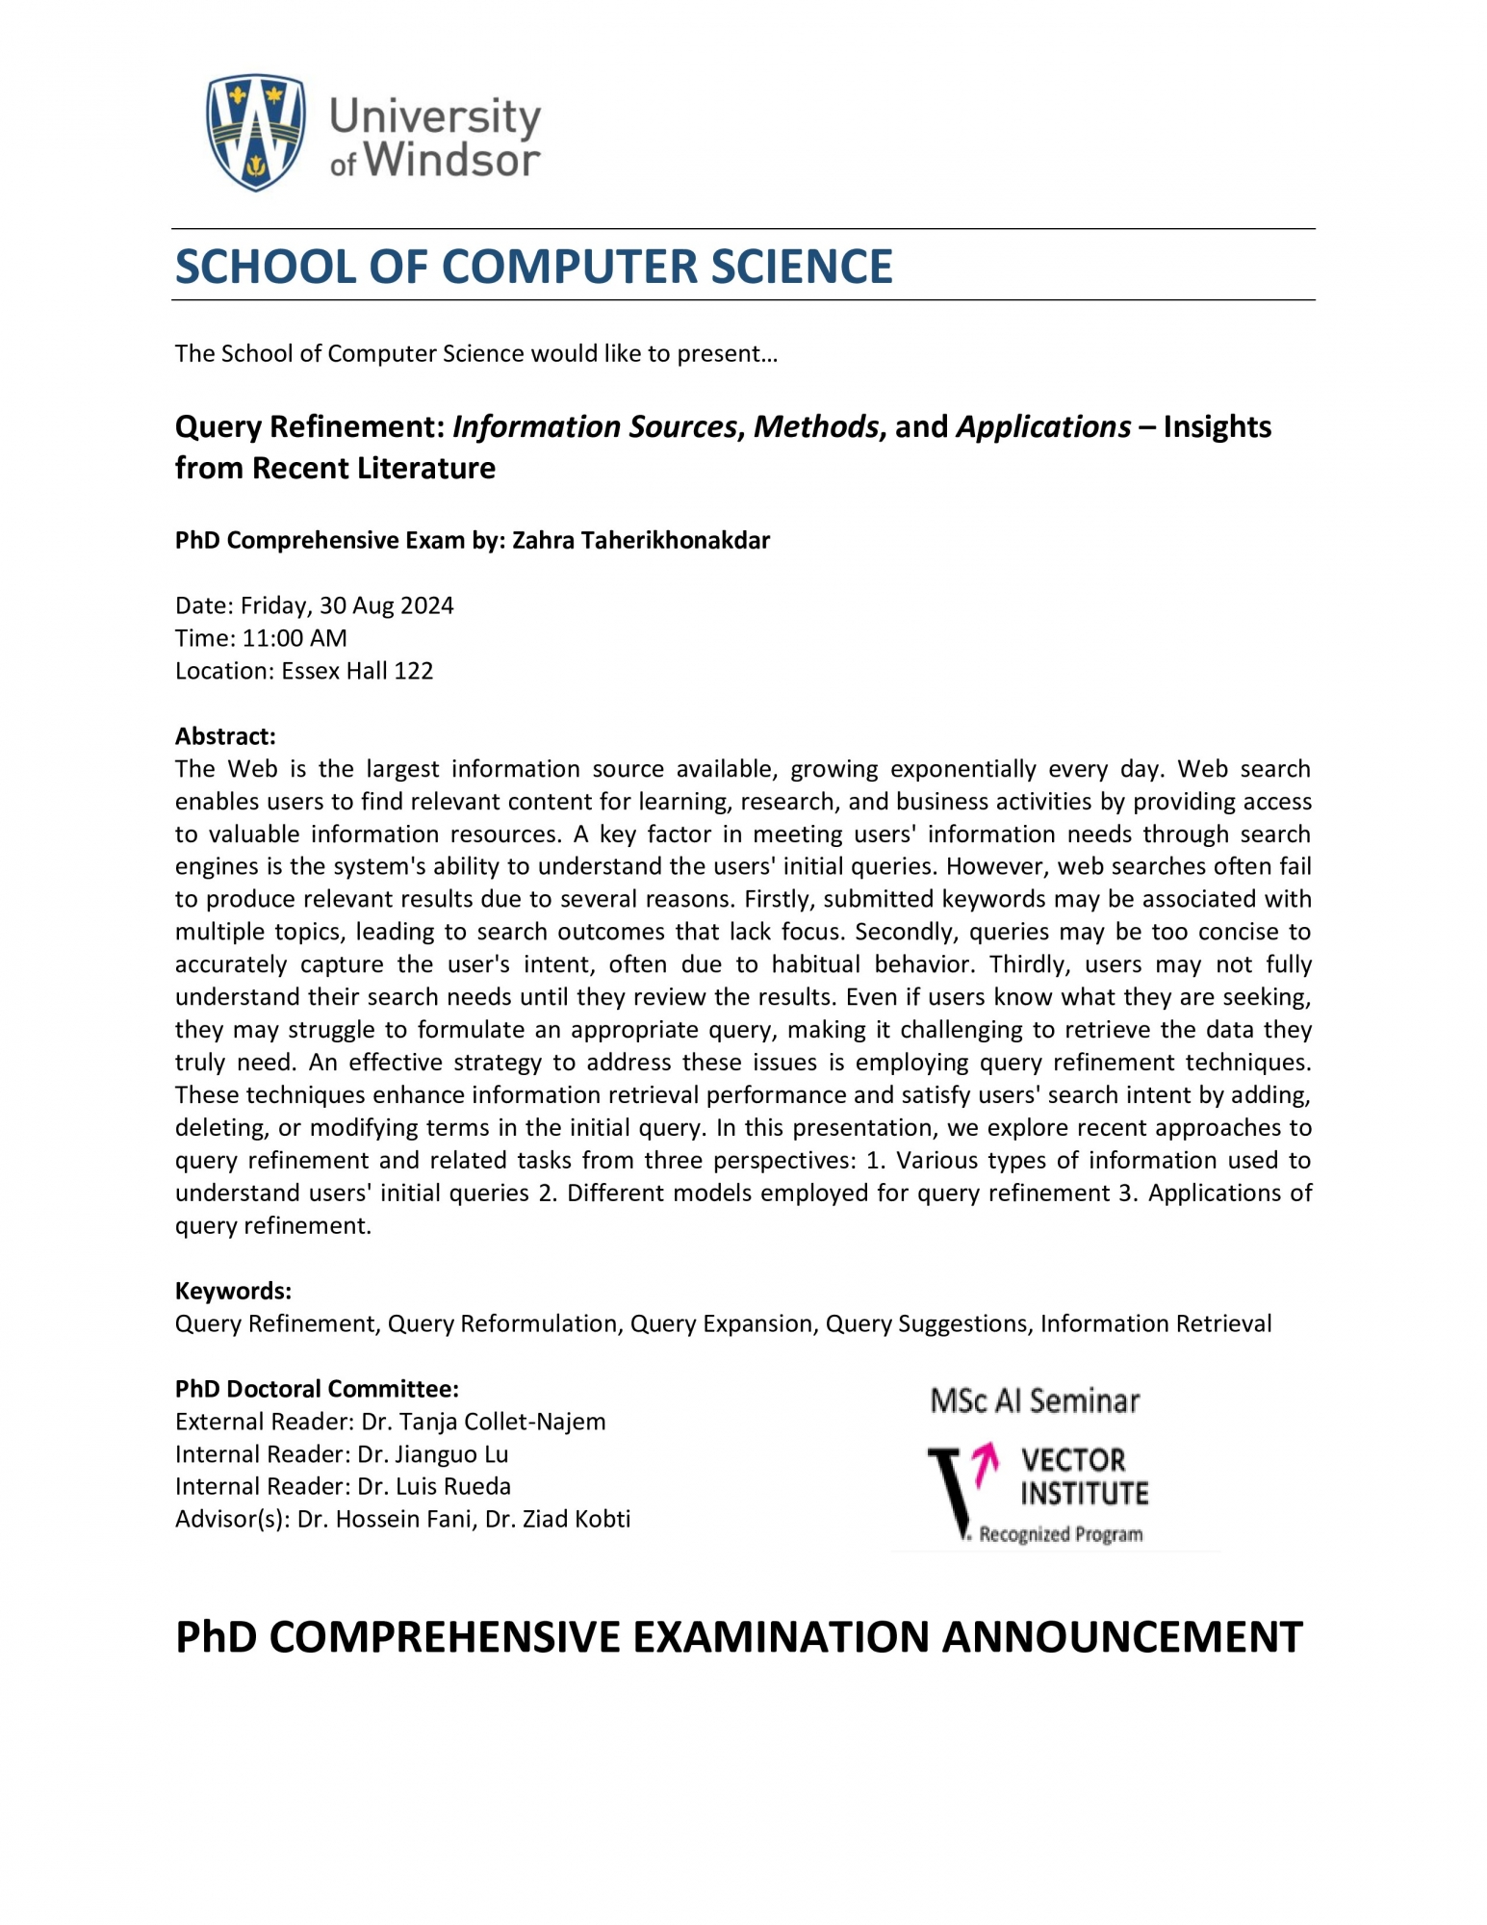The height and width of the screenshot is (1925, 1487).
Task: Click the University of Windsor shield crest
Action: tap(255, 132)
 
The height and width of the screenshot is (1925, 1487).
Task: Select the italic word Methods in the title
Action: tap(816, 426)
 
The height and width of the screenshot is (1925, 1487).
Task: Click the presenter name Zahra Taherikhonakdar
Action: tap(640, 540)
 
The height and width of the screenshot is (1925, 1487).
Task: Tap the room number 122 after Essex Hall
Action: tap(413, 671)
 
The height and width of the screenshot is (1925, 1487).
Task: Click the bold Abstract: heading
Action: tap(225, 736)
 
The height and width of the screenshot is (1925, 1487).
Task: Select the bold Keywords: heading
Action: tap(233, 1291)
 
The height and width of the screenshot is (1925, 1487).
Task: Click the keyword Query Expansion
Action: tap(721, 1323)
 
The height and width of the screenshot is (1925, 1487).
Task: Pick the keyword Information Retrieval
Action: tap(1155, 1323)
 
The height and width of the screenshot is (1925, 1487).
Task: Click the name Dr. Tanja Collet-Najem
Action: tap(483, 1422)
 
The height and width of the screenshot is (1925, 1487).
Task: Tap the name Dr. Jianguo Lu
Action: tap(432, 1454)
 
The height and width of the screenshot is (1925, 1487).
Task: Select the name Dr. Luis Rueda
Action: tap(433, 1486)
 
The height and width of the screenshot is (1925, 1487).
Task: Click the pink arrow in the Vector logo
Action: tap(984, 1465)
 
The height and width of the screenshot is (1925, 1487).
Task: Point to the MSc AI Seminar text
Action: tap(1035, 1401)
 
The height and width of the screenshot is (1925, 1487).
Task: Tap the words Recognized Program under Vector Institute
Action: tap(1061, 1534)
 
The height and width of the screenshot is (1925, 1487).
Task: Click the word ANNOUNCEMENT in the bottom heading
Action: tap(1121, 1637)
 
